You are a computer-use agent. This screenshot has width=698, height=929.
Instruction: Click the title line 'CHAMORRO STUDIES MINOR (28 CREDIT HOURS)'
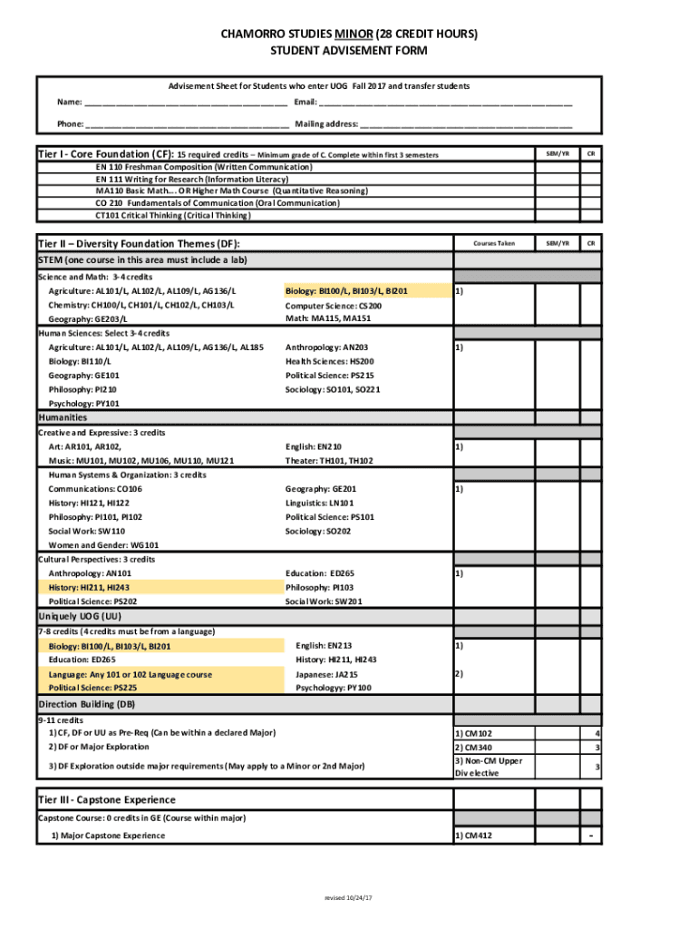tap(349, 34)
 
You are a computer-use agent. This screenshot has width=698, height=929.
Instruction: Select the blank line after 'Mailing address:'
tap(467, 125)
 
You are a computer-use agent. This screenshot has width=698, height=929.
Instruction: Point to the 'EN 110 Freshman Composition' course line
tap(204, 167)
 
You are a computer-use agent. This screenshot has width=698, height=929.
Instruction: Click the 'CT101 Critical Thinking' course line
tap(173, 216)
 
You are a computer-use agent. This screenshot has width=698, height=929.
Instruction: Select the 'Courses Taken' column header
tap(494, 243)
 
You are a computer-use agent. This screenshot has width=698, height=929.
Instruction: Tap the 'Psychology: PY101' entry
tap(83, 404)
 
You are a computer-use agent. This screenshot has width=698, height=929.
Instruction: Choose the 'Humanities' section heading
tap(63, 417)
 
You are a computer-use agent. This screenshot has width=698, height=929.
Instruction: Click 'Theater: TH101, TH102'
tap(329, 461)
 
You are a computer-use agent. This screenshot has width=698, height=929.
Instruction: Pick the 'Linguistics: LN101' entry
tap(320, 503)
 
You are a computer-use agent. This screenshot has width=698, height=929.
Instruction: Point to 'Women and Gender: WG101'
tap(103, 545)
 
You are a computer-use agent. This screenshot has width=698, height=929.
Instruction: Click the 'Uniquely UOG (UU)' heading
tap(79, 615)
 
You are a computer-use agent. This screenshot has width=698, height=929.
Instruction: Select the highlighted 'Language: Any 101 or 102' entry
tap(131, 675)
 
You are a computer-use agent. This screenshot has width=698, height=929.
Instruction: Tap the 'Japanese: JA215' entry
tap(326, 675)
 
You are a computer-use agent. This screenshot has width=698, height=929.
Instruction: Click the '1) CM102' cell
tap(474, 733)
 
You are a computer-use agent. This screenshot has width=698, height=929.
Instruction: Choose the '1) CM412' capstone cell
tap(474, 836)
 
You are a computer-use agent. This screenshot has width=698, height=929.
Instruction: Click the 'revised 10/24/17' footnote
tap(349, 897)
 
